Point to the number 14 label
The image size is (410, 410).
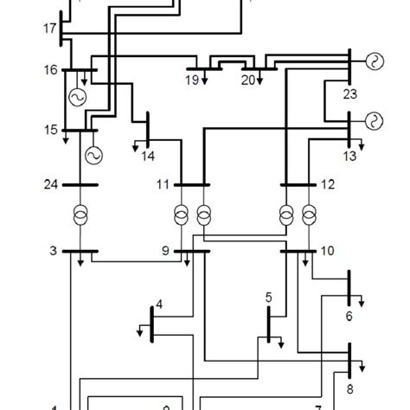tap(148, 157)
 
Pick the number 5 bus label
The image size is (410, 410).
tap(269, 297)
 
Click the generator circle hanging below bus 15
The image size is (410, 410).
tap(92, 155)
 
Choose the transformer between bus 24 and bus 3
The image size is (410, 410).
tap(80, 214)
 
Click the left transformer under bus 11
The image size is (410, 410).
tap(182, 214)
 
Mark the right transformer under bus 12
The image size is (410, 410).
tap(310, 214)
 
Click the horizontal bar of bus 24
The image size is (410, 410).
tap(80, 183)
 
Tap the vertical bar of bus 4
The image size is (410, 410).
tap(152, 325)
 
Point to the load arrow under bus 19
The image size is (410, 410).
tap(196, 80)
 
